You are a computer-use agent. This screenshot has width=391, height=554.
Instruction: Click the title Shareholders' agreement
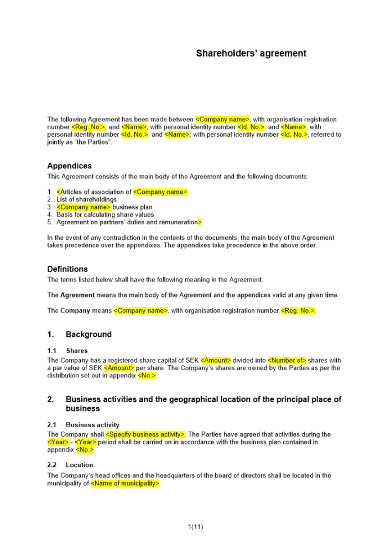[x=251, y=54]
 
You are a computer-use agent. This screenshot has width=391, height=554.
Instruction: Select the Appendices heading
[x=70, y=166]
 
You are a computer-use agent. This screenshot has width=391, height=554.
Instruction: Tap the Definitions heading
[x=67, y=269]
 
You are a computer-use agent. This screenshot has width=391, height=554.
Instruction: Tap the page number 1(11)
[x=196, y=527]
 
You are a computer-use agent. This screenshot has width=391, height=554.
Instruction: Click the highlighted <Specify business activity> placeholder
[x=145, y=434]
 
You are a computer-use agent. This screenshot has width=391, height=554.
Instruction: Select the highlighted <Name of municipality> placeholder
[x=126, y=484]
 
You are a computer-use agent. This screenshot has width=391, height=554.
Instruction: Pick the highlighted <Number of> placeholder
[x=287, y=360]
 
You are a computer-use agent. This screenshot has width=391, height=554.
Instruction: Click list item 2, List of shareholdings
[x=86, y=199]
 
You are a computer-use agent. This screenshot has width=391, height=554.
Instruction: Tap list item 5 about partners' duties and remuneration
[x=127, y=222]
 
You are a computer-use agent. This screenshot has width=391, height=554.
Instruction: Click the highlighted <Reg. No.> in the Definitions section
[x=298, y=311]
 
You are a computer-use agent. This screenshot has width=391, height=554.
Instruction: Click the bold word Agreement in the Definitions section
[x=77, y=295]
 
